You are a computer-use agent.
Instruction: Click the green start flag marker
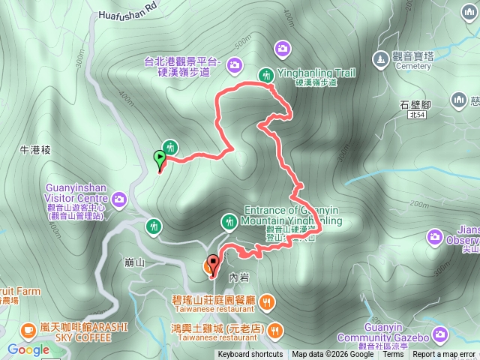tap(159, 158)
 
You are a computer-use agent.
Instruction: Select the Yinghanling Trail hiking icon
tap(265, 74)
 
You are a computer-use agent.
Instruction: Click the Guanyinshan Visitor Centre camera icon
tap(119, 199)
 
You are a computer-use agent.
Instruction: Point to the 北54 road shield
tap(417, 115)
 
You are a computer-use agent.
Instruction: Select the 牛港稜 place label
tap(34, 150)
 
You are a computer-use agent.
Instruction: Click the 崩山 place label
tap(135, 263)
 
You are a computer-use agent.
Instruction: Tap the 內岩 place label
tap(238, 277)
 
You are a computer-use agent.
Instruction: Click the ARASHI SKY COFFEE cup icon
tap(28, 329)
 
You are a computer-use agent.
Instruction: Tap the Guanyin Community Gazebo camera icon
tap(439, 332)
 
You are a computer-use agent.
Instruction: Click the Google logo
tap(28, 350)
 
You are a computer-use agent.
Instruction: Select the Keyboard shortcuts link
tap(250, 355)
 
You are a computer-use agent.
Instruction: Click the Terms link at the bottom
tap(393, 355)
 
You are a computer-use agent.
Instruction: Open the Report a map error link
tap(444, 355)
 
